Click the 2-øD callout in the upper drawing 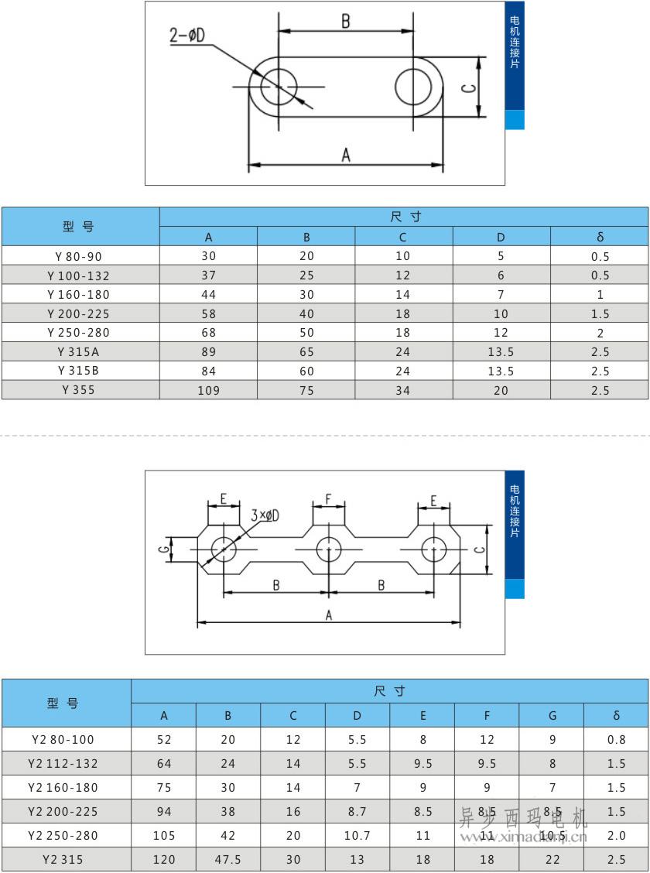187,36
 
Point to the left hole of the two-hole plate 278,86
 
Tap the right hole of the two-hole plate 413,86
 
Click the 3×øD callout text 265,515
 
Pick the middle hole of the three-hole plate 329,549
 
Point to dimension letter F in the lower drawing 329,499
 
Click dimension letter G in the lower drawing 163,549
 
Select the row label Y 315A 79,351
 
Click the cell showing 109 209,390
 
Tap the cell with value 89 209,351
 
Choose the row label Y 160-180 79,294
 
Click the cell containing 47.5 228,859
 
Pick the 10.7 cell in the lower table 357,835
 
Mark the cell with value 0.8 616,739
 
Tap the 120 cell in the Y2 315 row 164,859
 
